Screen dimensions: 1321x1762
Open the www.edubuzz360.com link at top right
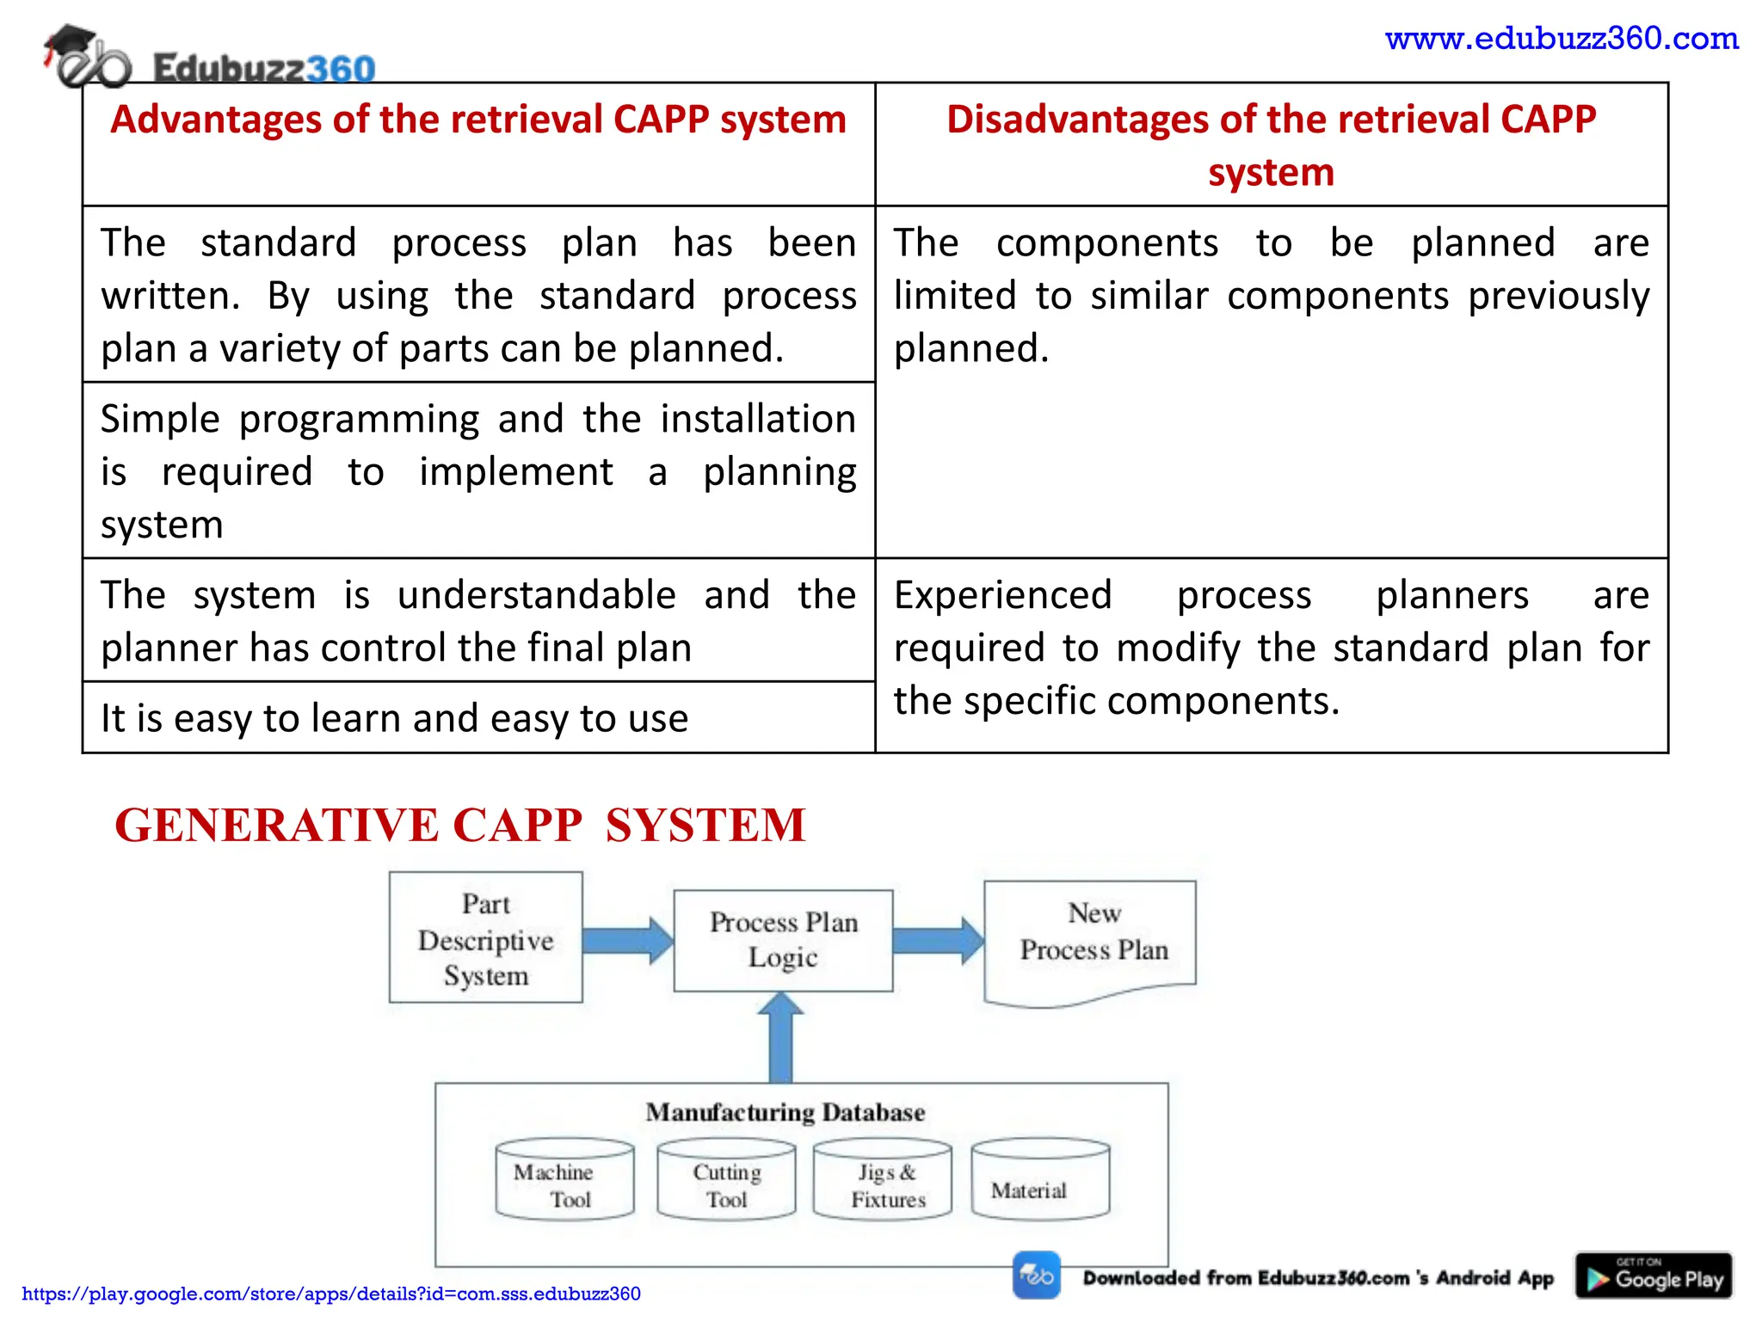pos(1561,39)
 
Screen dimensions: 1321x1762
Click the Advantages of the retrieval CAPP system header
pos(478,120)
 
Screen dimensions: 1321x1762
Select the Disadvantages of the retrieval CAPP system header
pos(1271,144)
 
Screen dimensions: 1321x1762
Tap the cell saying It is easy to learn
pos(394,718)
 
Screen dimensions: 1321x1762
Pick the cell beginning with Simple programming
pos(478,470)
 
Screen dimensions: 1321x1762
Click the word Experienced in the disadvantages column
pos(1002,595)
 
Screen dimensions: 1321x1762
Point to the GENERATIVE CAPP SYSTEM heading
pos(460,825)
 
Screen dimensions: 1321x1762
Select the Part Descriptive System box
pos(485,938)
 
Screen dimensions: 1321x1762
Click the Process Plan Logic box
pos(783,940)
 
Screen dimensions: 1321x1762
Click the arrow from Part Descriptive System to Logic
pos(626,940)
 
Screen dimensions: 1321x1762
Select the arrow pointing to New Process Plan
pos(937,940)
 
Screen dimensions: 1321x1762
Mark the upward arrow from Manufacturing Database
pos(780,1038)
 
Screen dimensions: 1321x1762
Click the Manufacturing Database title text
pos(785,1112)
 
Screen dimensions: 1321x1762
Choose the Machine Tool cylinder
pos(564,1181)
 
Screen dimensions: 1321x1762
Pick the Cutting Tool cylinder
pos(726,1181)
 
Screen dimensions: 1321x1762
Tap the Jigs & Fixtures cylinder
pos(883,1181)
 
